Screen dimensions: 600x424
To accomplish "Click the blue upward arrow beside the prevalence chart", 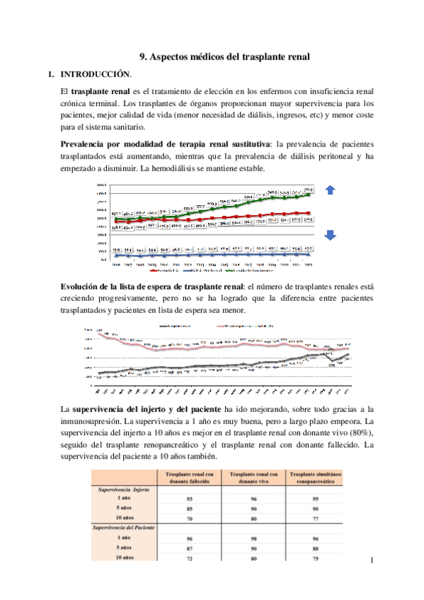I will (331, 189).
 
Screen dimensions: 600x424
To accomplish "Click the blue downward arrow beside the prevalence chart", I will (331, 236).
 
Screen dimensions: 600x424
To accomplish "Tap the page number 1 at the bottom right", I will (371, 560).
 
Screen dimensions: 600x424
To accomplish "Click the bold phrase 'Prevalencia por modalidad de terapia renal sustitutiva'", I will (166, 144).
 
